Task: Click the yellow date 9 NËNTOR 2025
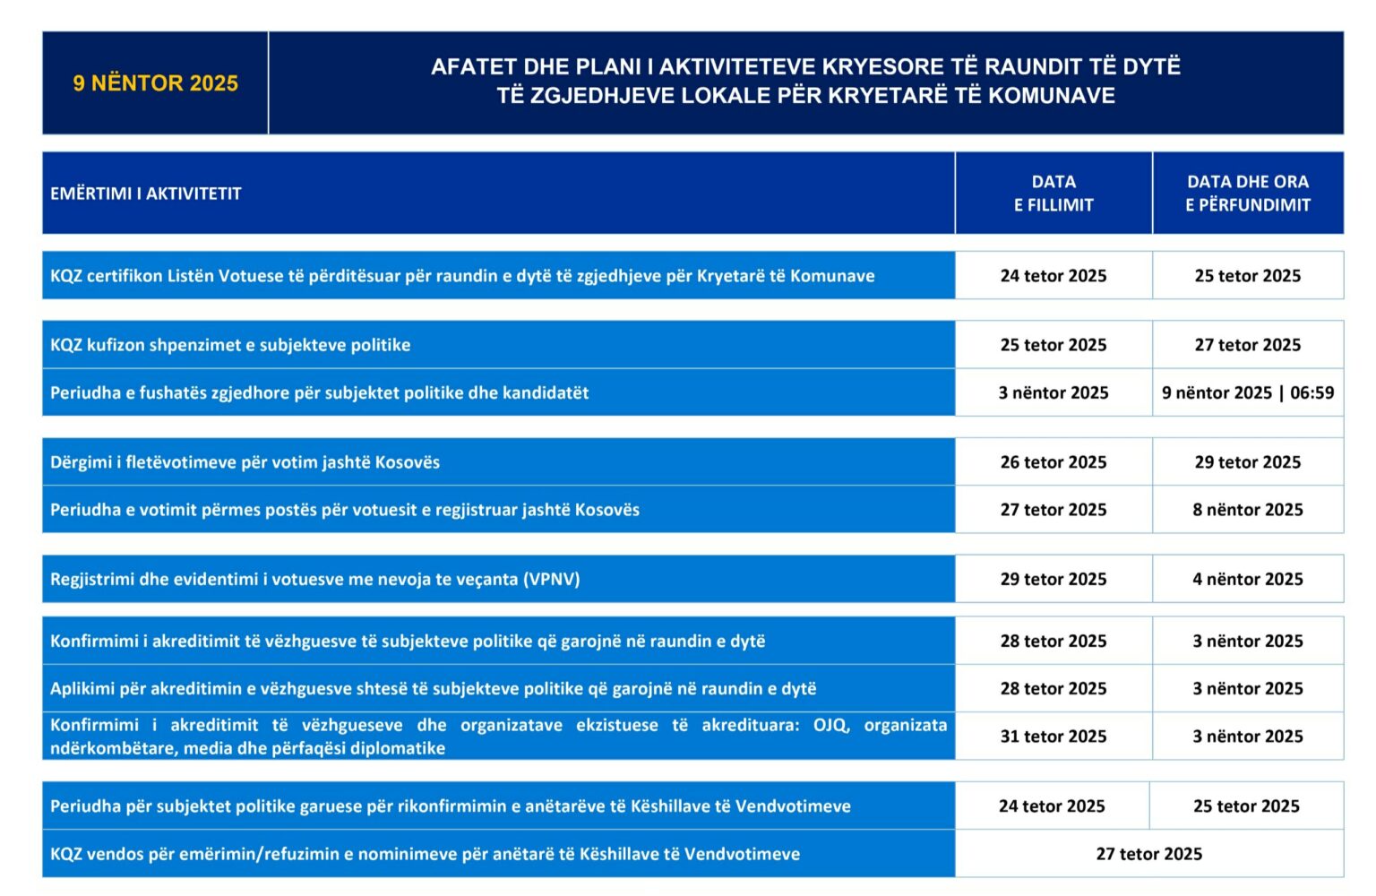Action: [155, 83]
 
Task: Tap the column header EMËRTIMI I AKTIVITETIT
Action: [146, 194]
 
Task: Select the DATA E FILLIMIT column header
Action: [1053, 194]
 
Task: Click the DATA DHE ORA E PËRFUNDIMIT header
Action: [1247, 194]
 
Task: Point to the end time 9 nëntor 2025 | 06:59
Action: [1247, 392]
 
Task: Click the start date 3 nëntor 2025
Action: [1053, 392]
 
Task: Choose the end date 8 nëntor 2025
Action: [1247, 510]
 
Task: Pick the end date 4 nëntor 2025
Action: [1247, 580]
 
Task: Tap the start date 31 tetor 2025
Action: [1053, 737]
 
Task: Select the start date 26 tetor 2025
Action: [1053, 462]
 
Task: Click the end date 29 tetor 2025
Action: [1247, 462]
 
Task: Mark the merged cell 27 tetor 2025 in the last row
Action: [1148, 854]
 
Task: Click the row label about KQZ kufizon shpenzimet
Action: [230, 345]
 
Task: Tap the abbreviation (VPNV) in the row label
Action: [552, 580]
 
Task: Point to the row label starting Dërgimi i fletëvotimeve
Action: [245, 462]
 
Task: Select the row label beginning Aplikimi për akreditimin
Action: [433, 689]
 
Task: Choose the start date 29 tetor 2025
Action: [1053, 580]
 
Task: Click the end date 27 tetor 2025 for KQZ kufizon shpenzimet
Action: [1247, 345]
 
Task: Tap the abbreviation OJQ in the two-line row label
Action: [830, 725]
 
